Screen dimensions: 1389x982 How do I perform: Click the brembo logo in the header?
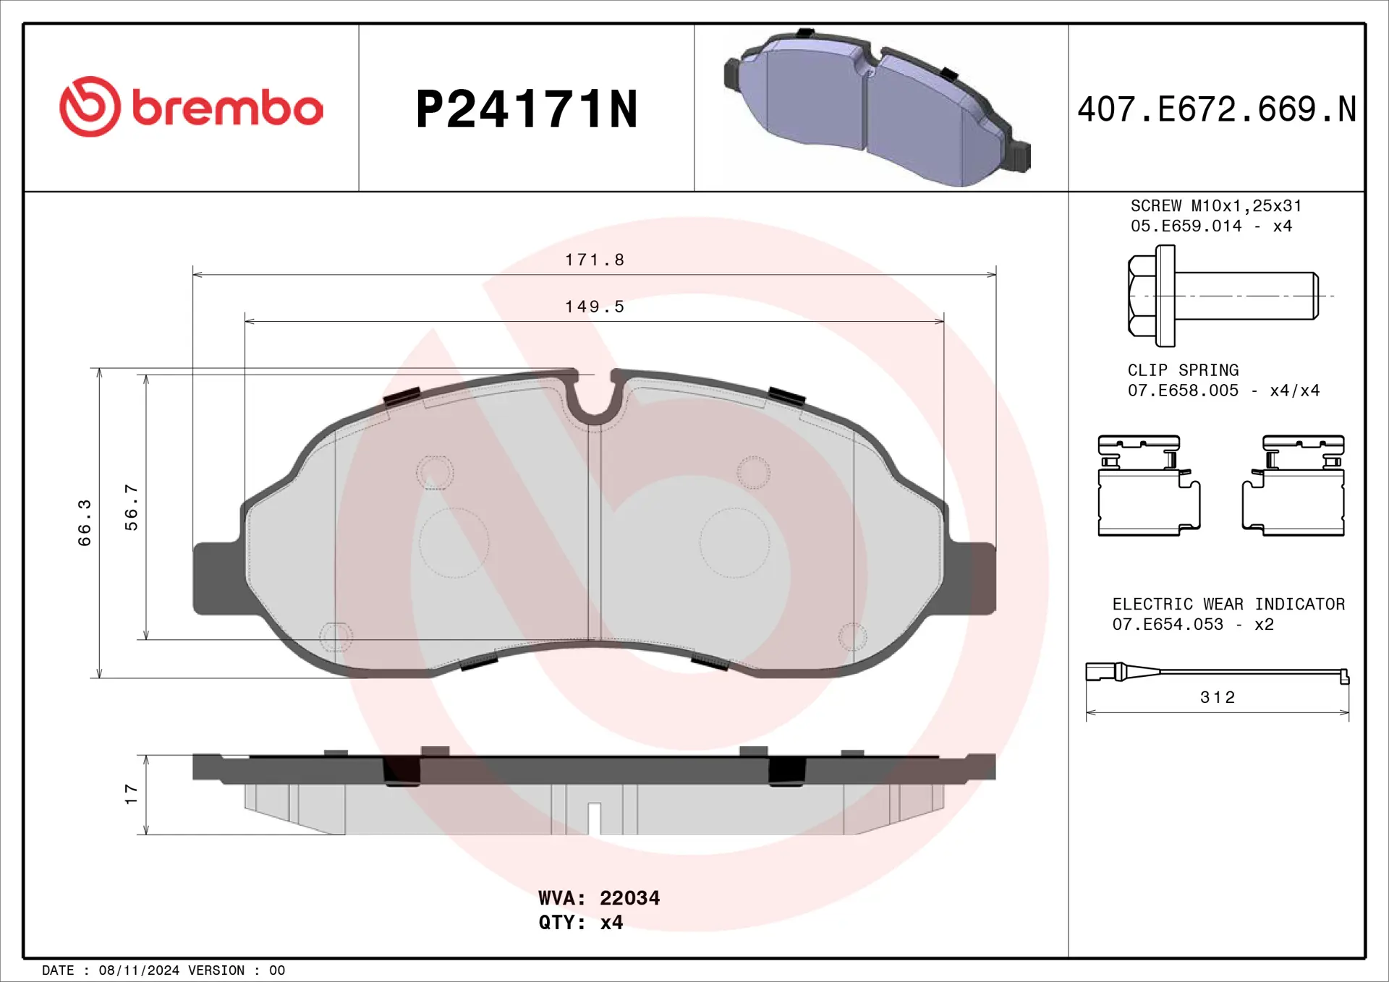(x=191, y=107)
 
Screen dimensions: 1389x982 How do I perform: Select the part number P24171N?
(x=527, y=110)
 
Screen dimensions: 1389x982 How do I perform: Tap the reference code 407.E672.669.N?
(x=1217, y=110)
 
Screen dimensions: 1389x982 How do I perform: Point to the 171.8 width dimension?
(x=595, y=260)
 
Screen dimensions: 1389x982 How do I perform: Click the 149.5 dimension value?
(x=595, y=307)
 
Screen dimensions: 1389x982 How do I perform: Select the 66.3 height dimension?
(x=85, y=523)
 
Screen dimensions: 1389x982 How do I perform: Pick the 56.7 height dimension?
(x=131, y=508)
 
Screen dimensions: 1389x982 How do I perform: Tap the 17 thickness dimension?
(x=131, y=794)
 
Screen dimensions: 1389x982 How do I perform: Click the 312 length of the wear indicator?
(x=1218, y=697)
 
